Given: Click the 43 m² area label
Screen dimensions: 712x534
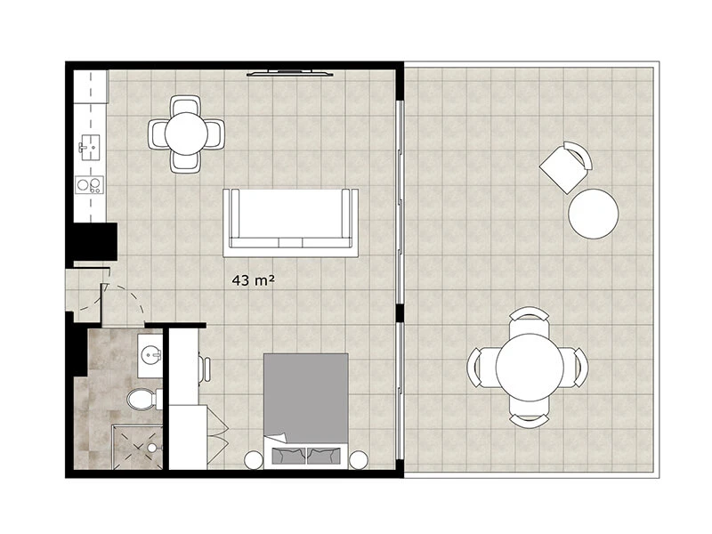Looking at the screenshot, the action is tap(253, 280).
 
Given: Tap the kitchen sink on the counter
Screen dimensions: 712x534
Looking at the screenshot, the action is tap(89, 148).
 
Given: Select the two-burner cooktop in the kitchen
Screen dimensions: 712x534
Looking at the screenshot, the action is tap(90, 185).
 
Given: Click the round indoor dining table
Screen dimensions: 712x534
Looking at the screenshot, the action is tap(186, 134).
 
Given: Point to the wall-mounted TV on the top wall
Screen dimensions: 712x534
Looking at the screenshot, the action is tap(290, 73).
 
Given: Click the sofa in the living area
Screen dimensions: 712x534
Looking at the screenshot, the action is tap(291, 223).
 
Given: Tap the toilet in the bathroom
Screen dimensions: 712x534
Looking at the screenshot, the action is tap(144, 399).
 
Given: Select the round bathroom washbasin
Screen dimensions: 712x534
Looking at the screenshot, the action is tap(150, 354).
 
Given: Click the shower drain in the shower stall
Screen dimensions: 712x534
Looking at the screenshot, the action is tap(151, 448).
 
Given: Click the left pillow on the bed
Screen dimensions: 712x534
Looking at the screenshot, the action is tap(288, 456).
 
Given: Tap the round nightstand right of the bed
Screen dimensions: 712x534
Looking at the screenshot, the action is tap(359, 459).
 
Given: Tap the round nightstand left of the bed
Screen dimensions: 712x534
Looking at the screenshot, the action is tap(254, 459).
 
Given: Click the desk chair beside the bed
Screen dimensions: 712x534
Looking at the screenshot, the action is tap(205, 368).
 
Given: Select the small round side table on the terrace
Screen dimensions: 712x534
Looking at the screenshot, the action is tap(593, 214).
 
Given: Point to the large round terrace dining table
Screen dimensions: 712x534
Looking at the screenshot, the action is tap(530, 368).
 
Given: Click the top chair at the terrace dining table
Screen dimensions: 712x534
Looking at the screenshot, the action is tap(529, 320).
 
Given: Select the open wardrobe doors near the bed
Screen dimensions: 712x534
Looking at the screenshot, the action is tap(217, 433).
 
